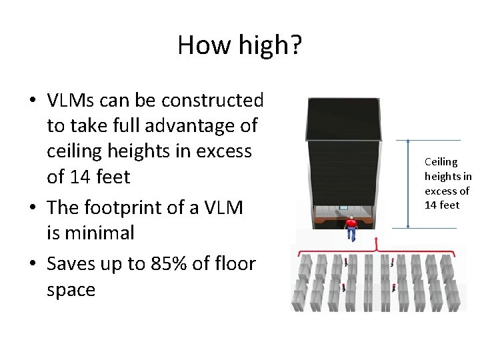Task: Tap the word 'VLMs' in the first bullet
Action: click(72, 101)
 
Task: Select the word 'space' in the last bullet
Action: click(71, 290)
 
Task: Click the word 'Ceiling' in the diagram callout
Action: click(441, 162)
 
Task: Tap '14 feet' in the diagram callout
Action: click(442, 205)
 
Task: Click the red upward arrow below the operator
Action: click(377, 241)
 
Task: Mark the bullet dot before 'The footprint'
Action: click(32, 208)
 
